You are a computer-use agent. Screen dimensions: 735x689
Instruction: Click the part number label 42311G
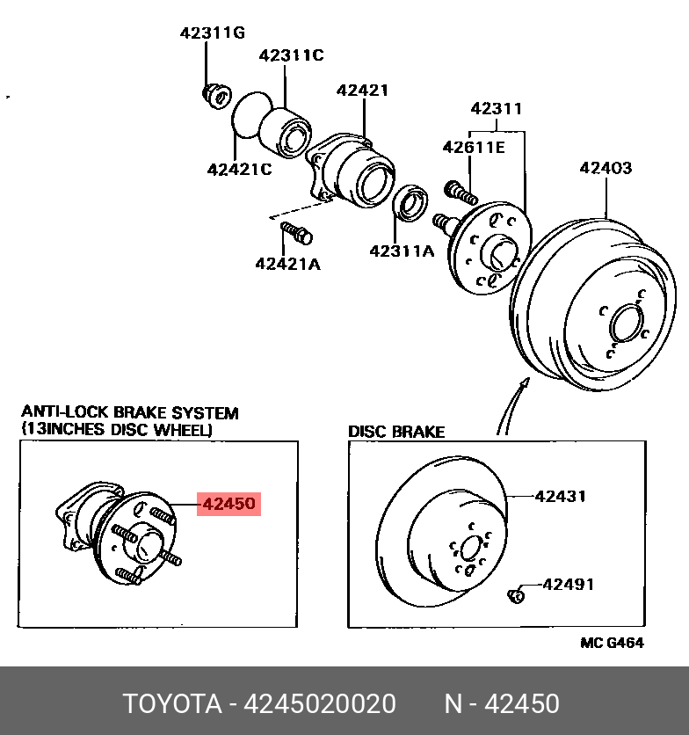tap(212, 33)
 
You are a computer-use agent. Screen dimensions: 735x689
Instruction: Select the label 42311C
tap(291, 55)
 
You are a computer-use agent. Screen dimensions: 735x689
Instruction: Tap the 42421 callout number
tap(362, 91)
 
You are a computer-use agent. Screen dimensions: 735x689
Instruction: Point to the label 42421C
tap(240, 169)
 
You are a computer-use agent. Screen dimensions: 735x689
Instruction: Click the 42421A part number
tap(287, 263)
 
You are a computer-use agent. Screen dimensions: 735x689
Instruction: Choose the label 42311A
tap(402, 251)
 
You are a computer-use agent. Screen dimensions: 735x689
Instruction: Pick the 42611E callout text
tap(474, 147)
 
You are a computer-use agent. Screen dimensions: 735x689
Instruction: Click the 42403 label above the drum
tap(606, 168)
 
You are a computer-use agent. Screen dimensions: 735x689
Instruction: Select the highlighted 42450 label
tap(228, 505)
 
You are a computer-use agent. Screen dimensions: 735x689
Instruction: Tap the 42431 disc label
tap(561, 496)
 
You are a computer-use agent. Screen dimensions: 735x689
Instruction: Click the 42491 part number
tap(568, 584)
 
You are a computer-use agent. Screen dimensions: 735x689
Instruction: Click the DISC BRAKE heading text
tap(396, 432)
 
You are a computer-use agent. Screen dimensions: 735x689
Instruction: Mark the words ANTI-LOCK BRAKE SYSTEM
tap(129, 412)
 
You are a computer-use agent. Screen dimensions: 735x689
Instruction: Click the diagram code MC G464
tap(612, 643)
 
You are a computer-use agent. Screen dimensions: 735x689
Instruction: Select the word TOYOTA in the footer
tap(171, 704)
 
